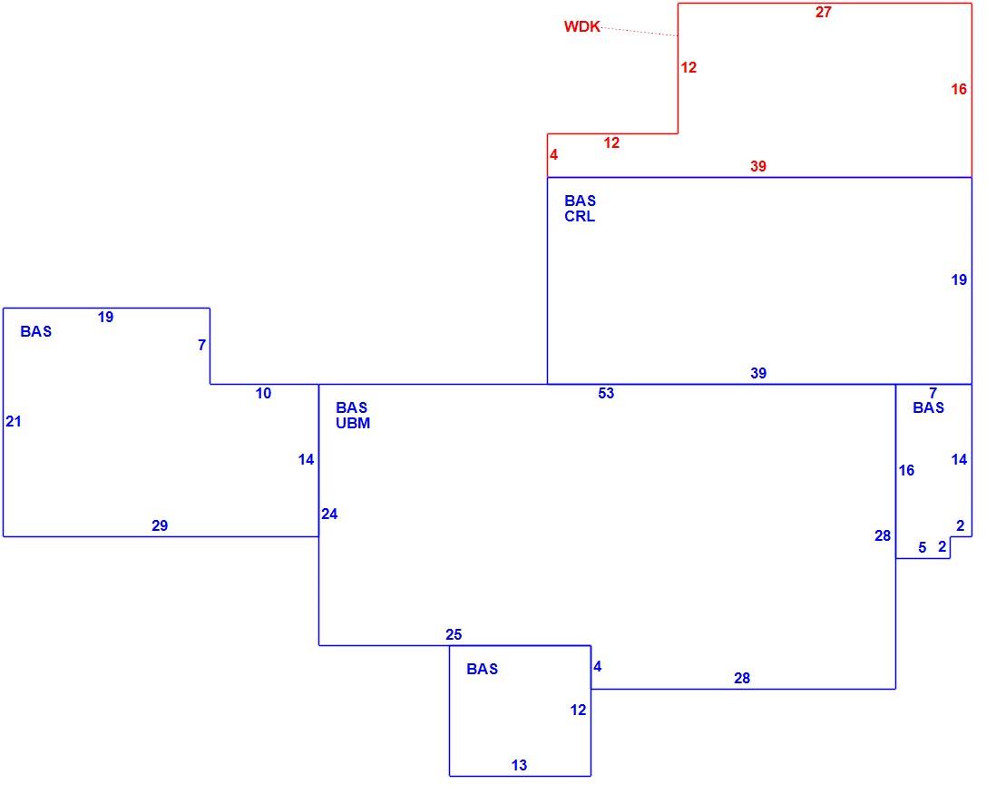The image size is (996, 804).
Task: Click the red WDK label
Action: coord(581,26)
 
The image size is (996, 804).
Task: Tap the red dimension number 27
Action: coord(824,12)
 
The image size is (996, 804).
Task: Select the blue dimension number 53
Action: coord(606,394)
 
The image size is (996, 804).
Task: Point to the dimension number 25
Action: coord(454,635)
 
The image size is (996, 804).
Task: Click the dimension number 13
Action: coord(519,765)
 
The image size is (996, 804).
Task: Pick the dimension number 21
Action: coord(14,421)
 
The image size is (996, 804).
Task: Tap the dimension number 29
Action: coord(160,525)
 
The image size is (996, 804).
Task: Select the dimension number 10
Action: coord(263,394)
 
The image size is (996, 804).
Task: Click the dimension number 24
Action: coord(329,515)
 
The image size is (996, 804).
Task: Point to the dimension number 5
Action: coord(923,547)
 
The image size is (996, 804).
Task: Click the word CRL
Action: coord(580,217)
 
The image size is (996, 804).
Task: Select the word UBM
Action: coord(353,423)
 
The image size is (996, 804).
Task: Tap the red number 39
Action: coord(758,167)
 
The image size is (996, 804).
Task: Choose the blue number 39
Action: coord(758,374)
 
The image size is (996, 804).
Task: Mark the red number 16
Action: coord(959,90)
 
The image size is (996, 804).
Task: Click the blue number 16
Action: coord(906,470)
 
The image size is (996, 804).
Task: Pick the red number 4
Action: coord(554,155)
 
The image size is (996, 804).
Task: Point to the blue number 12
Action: coord(578,710)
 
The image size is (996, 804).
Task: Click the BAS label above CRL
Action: coord(580,201)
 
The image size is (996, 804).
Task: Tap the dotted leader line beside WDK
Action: coord(639,32)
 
